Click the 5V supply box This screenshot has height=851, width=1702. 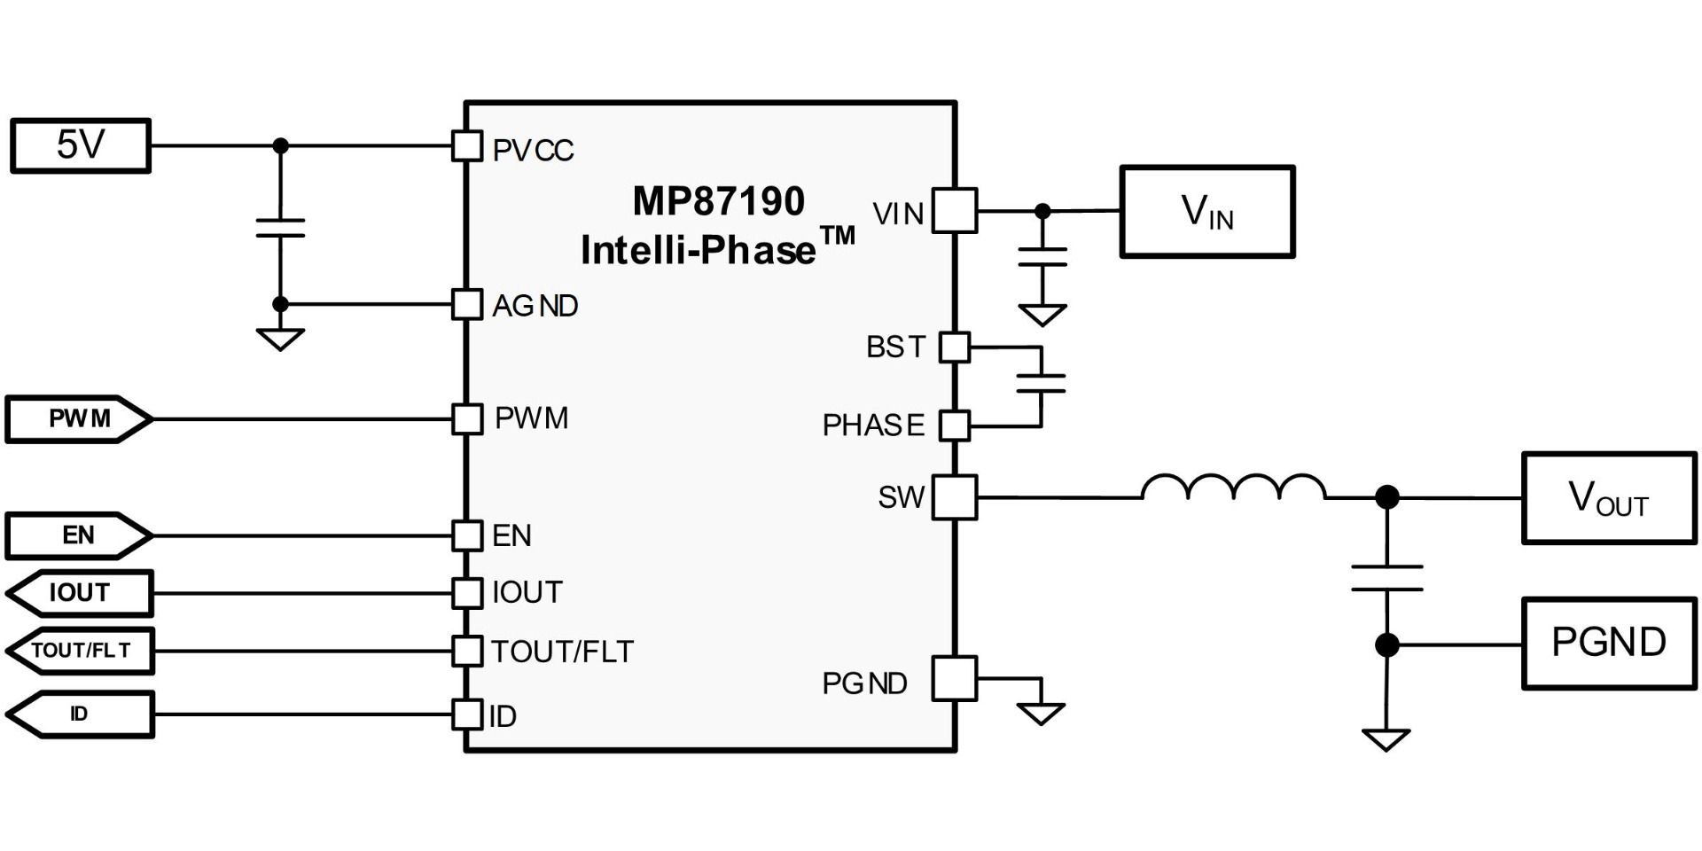pos(80,145)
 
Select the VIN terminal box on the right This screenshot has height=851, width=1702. pos(1206,212)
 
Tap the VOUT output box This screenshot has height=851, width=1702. pos(1608,498)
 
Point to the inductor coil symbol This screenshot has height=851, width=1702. pos(1233,488)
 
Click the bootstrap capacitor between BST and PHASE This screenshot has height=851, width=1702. pos(1041,384)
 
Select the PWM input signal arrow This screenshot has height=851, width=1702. pos(79,419)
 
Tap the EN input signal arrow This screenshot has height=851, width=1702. pos(78,535)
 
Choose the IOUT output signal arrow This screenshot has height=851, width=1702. pos(80,593)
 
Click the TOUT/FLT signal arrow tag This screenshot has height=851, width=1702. pos(80,651)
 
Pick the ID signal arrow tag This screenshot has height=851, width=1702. pos(80,714)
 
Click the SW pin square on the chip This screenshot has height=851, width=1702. pos(955,497)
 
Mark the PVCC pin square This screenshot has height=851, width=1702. pos(467,146)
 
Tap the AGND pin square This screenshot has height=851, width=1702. pos(467,304)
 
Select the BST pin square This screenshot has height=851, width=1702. pos(955,347)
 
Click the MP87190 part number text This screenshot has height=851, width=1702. pos(718,201)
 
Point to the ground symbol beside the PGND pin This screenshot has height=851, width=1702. pos(1041,712)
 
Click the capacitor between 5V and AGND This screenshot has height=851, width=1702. pos(280,228)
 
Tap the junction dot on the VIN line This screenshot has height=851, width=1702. pos(1042,211)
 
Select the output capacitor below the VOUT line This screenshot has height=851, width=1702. pos(1386,578)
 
